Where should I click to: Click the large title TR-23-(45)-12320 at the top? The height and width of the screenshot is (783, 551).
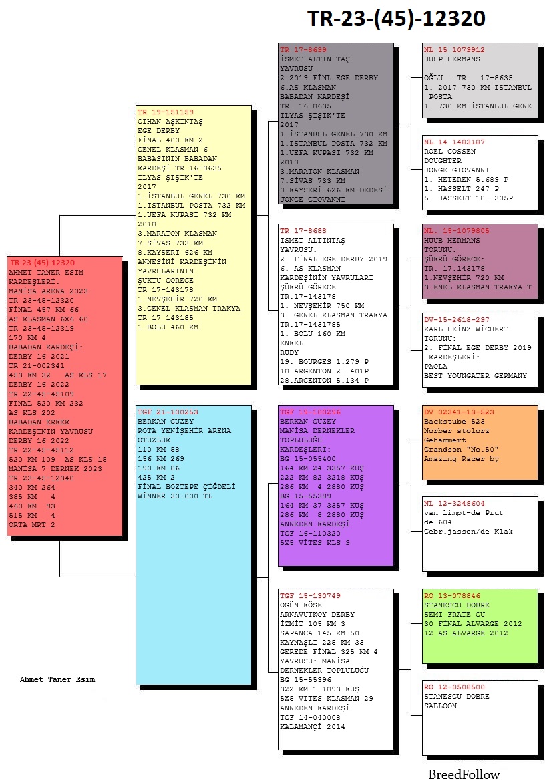pos(396,19)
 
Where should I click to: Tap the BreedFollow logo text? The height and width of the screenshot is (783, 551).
pos(464,774)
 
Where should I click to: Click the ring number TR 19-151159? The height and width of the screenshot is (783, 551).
pos(166,112)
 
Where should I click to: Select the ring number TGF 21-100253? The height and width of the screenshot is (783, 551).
pos(168,412)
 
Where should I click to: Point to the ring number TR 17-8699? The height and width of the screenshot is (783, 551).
pos(303,50)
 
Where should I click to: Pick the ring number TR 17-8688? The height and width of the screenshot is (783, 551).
pos(303,230)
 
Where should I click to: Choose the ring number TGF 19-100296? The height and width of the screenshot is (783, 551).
pos(310,412)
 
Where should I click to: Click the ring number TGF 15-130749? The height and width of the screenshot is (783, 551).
pos(310,596)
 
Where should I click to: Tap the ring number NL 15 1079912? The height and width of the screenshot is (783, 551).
pos(454,50)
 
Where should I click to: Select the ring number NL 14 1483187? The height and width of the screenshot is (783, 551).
pos(454,142)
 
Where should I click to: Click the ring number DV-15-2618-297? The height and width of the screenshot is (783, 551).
pos(457,319)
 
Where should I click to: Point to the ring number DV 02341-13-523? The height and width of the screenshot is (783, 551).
pos(460,412)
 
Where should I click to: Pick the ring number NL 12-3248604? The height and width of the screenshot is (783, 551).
pos(454,503)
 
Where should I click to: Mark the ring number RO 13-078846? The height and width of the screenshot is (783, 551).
pos(452,596)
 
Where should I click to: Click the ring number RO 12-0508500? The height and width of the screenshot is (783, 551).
pos(454,687)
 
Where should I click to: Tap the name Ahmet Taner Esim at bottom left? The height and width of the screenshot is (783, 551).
pos(57,679)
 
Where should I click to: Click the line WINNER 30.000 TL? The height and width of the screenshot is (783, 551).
pos(175,496)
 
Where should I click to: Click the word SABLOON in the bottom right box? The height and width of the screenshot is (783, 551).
pos(441,706)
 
